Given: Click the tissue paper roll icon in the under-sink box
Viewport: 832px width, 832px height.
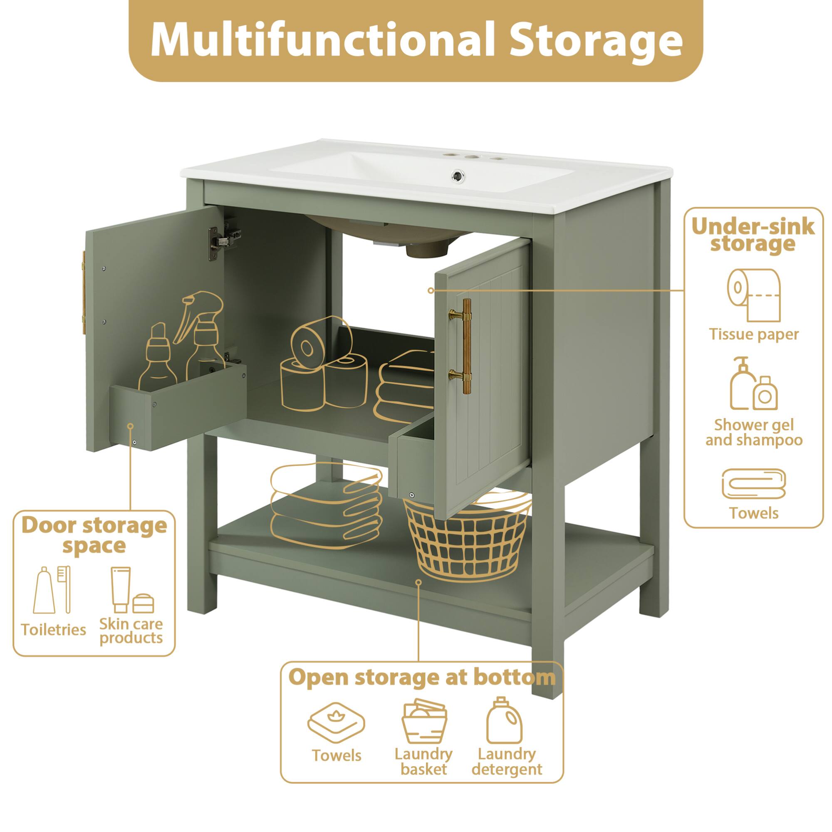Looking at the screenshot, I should [x=753, y=294].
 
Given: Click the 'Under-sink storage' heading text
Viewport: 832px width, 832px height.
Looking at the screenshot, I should [x=753, y=235].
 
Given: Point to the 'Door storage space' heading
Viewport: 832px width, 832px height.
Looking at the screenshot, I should [x=94, y=535].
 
